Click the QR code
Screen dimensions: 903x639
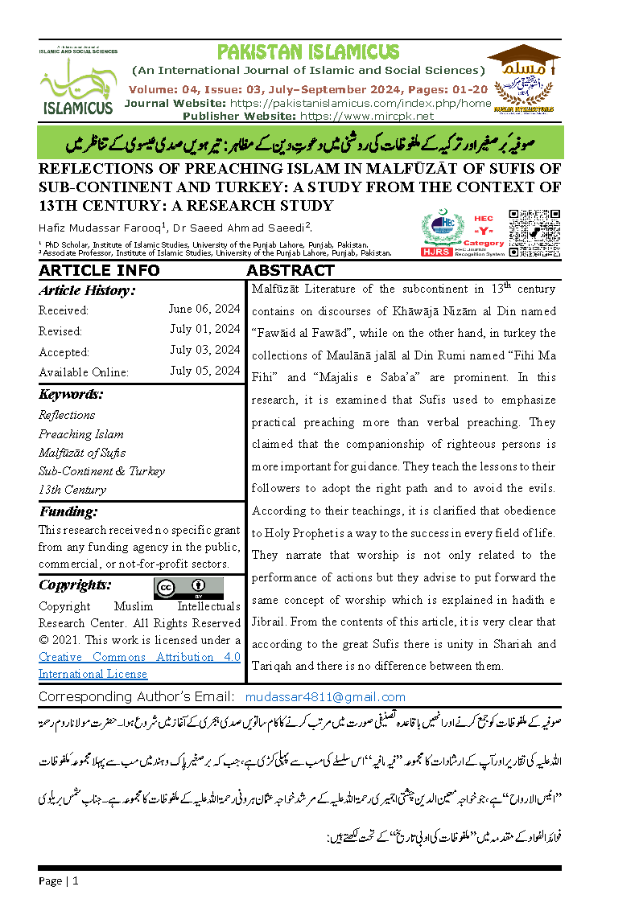(x=535, y=232)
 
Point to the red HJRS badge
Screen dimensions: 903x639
(x=437, y=252)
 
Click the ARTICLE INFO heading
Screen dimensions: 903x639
(x=99, y=270)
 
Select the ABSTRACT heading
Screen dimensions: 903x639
(x=291, y=270)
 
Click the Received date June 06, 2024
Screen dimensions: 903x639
(x=204, y=309)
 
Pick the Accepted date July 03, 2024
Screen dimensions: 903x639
(x=204, y=351)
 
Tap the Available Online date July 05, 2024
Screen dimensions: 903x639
(x=204, y=371)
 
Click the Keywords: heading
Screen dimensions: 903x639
(x=71, y=394)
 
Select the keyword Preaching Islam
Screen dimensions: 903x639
(x=81, y=434)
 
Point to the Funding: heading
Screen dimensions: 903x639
(x=68, y=512)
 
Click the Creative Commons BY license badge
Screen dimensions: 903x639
(x=188, y=587)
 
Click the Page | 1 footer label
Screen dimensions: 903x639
(x=59, y=881)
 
